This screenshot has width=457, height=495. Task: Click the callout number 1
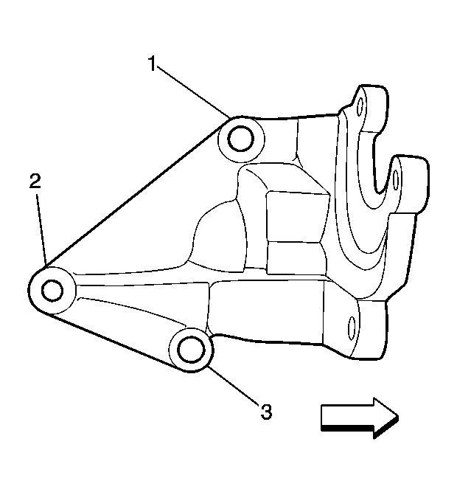coord(153,63)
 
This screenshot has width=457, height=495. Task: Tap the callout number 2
coord(35,181)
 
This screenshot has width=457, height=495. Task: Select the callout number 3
coord(267,412)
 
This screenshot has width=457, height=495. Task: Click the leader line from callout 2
coord(41,229)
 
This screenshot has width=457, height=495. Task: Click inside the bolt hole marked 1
coord(241,139)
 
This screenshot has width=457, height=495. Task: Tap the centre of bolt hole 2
coord(52,291)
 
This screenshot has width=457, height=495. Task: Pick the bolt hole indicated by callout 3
coord(191,350)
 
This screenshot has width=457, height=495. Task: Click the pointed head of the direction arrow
coord(387,418)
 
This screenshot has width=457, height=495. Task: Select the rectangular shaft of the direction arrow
coord(347,416)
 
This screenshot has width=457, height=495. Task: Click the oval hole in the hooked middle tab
coord(396,180)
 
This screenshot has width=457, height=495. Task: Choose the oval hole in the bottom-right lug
coord(352,328)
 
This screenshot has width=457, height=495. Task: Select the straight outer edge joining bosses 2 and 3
coord(114,342)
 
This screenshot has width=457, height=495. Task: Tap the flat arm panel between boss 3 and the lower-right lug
coord(267,312)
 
